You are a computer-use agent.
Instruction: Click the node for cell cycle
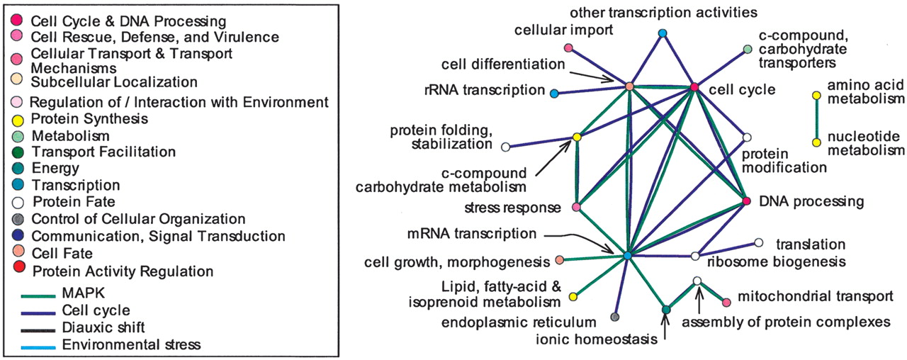click(x=695, y=87)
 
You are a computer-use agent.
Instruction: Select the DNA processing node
click(x=746, y=202)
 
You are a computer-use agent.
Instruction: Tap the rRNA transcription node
click(x=554, y=93)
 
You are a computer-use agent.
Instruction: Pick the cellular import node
click(x=568, y=47)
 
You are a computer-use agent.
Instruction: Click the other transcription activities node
click(x=663, y=33)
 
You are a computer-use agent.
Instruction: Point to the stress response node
click(x=576, y=208)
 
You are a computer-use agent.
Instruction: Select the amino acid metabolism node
click(x=816, y=95)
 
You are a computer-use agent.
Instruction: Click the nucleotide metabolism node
click(x=816, y=142)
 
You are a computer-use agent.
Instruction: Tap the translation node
click(x=759, y=243)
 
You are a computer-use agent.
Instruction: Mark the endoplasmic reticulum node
click(x=615, y=317)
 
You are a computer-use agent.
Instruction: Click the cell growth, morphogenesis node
click(x=560, y=260)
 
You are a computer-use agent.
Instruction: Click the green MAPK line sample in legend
click(x=34, y=294)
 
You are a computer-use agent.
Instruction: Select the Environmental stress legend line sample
click(x=34, y=345)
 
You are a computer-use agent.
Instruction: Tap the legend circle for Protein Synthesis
click(x=18, y=119)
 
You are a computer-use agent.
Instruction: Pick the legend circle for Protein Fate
click(x=18, y=202)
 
